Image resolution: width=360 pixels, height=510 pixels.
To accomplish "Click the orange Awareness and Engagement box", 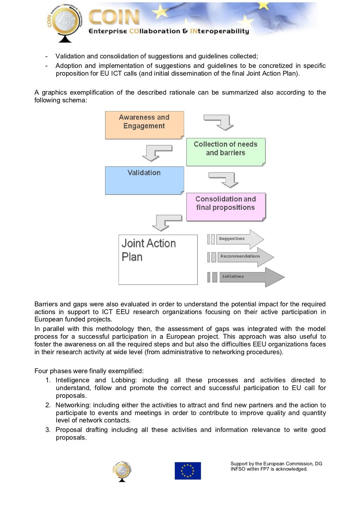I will (144, 125).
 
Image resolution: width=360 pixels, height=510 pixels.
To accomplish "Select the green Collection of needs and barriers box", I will (225, 152).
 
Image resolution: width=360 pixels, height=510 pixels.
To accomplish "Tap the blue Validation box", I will (144, 180).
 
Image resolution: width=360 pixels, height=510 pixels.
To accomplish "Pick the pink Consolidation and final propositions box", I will (225, 206).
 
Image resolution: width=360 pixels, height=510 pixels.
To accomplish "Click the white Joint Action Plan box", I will (158, 260).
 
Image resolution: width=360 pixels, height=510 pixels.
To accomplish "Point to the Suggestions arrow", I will (239, 239).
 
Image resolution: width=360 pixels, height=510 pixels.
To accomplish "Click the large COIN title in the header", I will (114, 18).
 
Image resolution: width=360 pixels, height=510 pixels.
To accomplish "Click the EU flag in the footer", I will (188, 471).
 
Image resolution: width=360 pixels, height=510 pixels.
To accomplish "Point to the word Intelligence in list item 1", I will (72, 380).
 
